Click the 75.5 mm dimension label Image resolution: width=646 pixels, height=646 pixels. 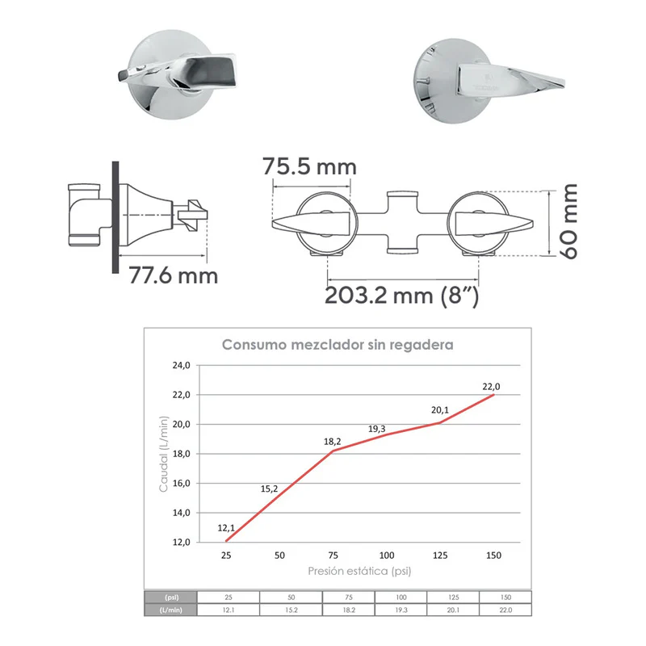tap(309, 166)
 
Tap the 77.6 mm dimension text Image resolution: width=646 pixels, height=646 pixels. tap(173, 275)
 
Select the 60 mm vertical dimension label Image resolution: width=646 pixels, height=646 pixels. tap(569, 221)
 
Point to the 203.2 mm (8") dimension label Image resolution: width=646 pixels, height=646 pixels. tap(401, 296)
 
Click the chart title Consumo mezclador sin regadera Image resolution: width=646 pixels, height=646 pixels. tap(338, 345)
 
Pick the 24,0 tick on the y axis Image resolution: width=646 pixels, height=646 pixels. tap(181, 366)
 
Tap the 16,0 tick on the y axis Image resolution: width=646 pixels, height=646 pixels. tap(181, 483)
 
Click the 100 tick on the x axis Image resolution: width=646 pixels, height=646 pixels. tap(387, 556)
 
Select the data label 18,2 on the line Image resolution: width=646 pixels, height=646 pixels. tap(332, 442)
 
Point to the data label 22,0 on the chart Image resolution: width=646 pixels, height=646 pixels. tap(491, 387)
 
